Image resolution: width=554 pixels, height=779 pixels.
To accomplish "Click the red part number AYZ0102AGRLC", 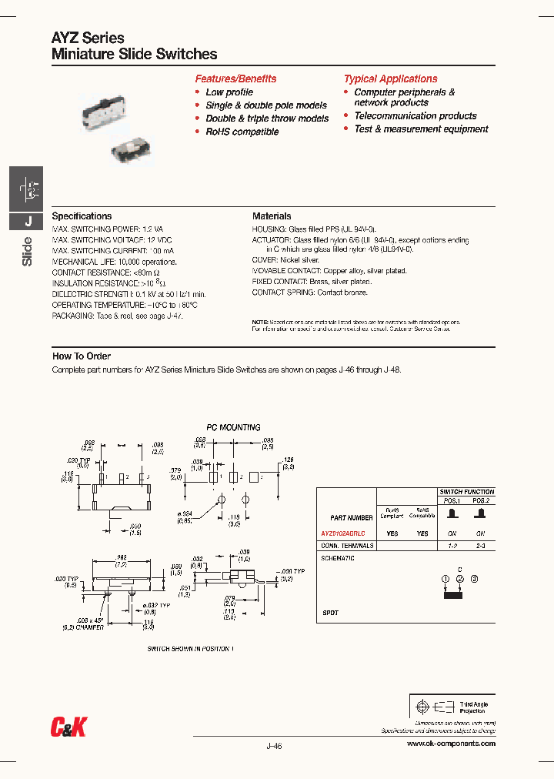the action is click(342, 533).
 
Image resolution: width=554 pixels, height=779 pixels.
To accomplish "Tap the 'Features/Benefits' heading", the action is click(235, 79).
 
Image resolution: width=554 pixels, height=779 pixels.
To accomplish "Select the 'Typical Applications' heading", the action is click(390, 79).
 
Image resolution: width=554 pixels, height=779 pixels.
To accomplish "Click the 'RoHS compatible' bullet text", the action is click(242, 132).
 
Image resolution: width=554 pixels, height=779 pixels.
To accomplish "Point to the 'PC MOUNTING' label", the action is click(233, 427).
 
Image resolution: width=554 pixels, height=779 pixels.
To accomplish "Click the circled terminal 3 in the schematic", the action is click(474, 578).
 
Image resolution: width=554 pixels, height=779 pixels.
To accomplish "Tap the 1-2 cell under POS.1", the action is click(453, 545).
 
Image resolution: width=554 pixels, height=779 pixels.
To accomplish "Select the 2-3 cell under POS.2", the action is click(480, 545).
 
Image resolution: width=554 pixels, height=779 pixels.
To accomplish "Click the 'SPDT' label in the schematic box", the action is click(330, 613).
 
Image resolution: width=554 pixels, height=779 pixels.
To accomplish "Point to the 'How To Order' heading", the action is click(82, 356).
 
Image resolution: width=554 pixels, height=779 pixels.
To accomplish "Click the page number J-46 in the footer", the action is click(275, 745).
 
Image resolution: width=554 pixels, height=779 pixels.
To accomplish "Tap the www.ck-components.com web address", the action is click(450, 743).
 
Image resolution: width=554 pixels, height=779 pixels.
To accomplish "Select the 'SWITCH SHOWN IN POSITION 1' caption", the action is click(190, 649).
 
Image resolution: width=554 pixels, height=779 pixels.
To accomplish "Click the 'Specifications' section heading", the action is click(82, 216).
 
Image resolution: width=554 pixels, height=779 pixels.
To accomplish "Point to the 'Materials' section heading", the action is click(272, 216).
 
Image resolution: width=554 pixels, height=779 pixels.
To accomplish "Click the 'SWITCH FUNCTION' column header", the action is click(466, 491).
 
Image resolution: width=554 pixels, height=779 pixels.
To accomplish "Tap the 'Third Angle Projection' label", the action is click(473, 707).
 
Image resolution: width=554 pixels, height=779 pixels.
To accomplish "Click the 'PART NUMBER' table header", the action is click(350, 517).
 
